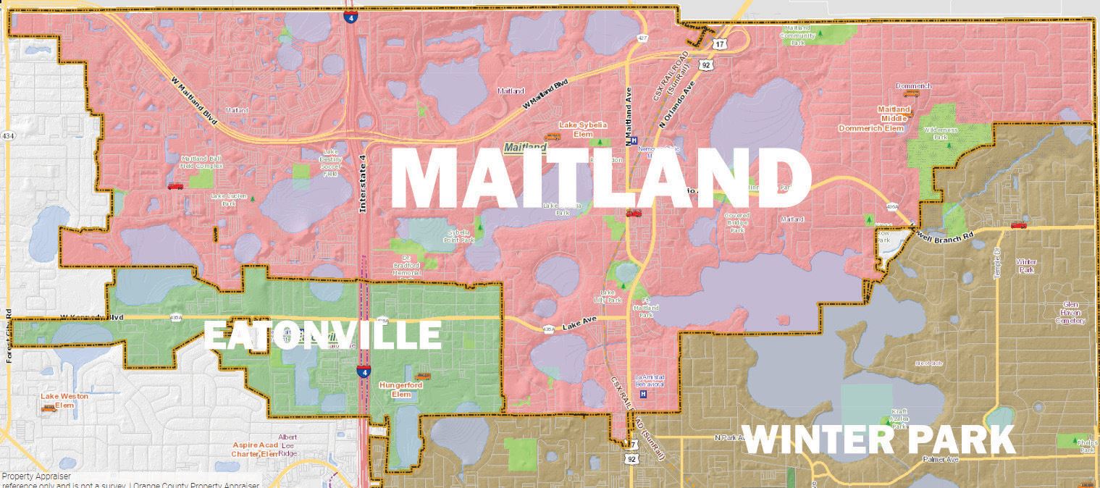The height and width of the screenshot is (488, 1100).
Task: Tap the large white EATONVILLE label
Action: tap(322, 335)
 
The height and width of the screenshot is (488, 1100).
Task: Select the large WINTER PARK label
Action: tap(878, 439)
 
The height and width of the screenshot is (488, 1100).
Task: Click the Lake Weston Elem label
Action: tap(58, 400)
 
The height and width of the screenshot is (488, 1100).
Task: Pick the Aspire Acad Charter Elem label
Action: tap(254, 449)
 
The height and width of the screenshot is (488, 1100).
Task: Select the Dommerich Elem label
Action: tap(872, 128)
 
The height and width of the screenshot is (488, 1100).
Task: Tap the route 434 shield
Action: tap(8, 135)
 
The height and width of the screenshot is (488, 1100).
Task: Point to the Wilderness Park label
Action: tap(940, 132)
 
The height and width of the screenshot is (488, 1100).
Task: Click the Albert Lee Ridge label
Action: tap(288, 445)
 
